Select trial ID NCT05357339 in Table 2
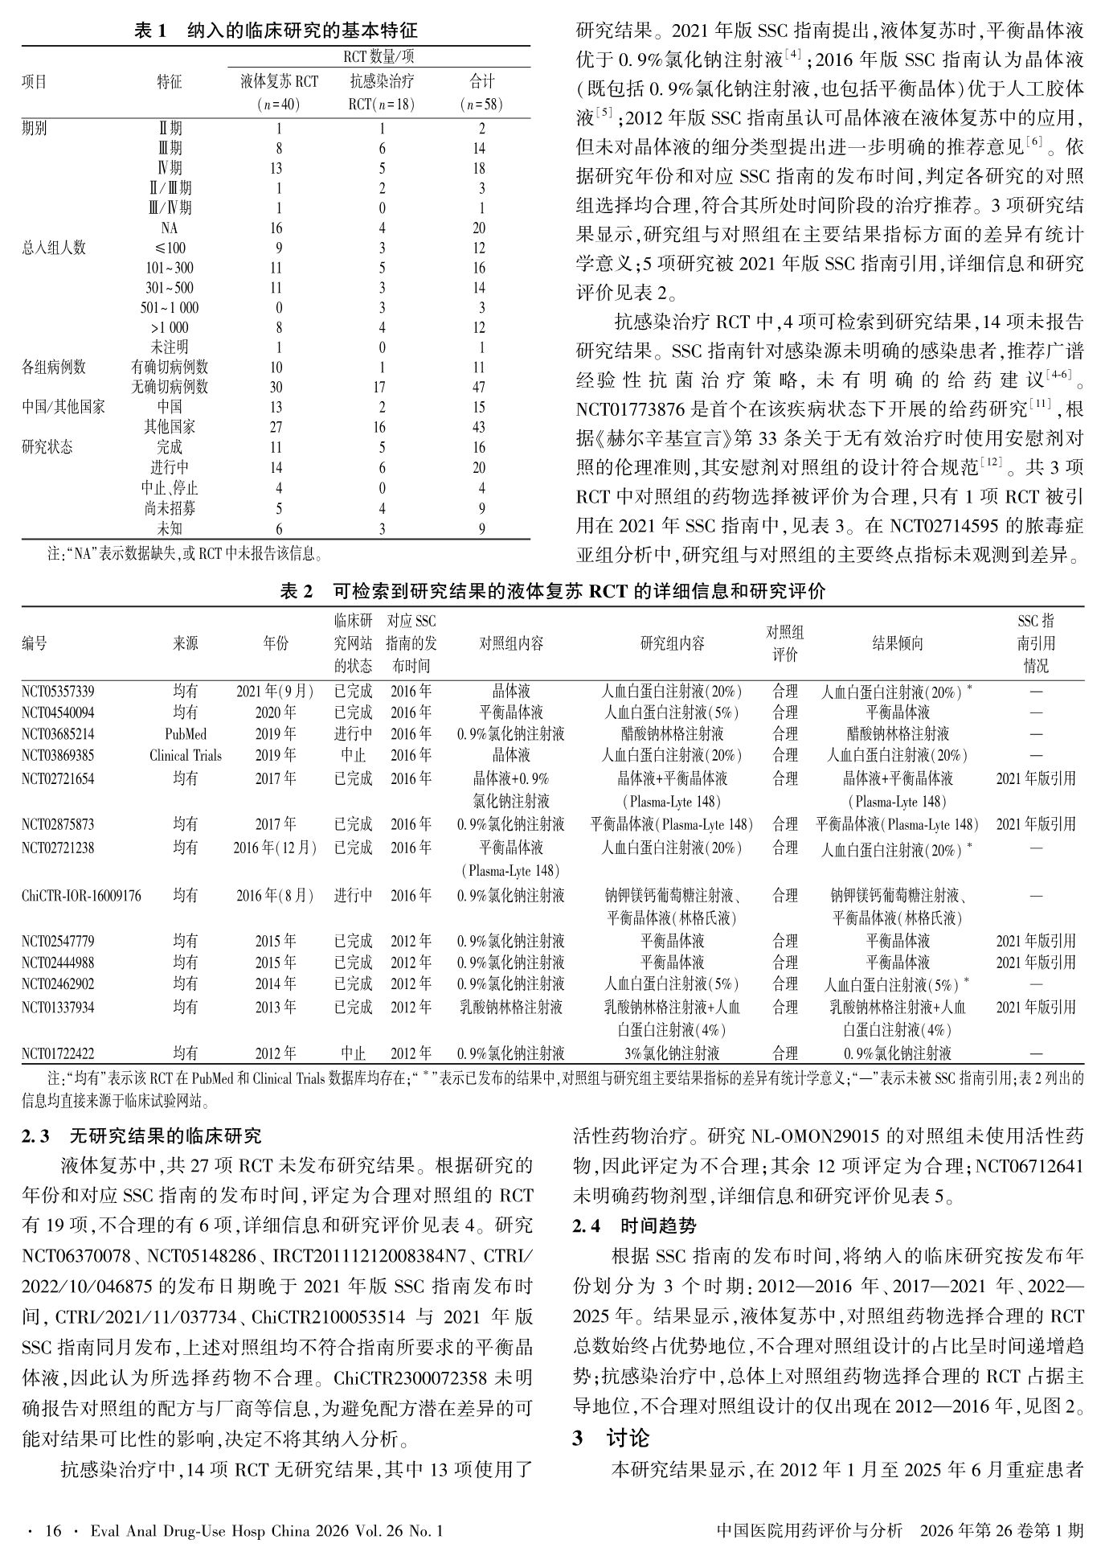(x=58, y=692)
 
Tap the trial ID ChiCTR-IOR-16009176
(x=81, y=896)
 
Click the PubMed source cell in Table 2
(x=186, y=734)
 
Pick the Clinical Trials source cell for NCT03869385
(x=186, y=756)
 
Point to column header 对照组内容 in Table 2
(x=511, y=643)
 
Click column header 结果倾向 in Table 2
(x=898, y=643)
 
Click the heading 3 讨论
(x=611, y=1438)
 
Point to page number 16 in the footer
(x=53, y=1531)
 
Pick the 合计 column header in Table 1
(x=481, y=82)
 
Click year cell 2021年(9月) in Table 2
(x=275, y=692)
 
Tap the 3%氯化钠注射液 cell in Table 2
(x=672, y=1053)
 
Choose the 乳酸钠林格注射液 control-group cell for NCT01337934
(x=511, y=1007)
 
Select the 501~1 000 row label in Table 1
(x=170, y=308)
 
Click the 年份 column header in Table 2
(x=275, y=643)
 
